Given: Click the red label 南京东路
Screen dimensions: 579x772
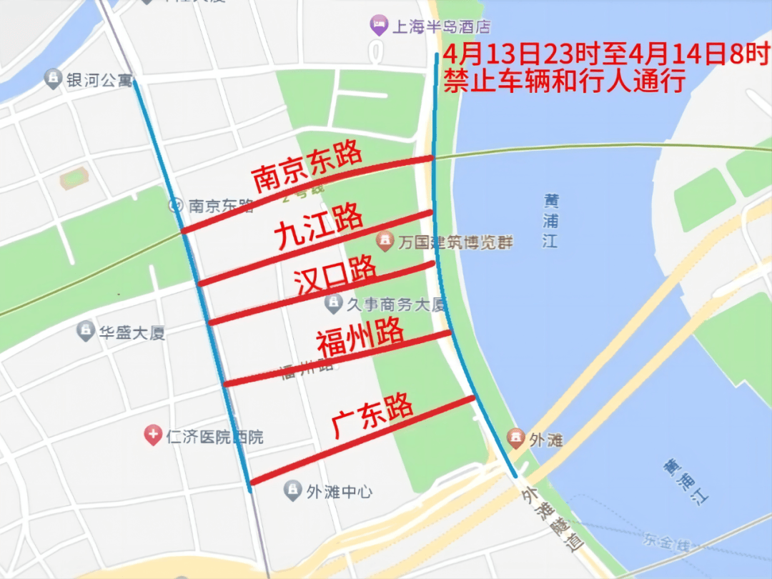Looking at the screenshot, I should (x=308, y=169).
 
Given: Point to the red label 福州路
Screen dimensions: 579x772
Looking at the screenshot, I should (x=361, y=337).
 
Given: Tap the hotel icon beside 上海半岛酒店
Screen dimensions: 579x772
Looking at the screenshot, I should (x=378, y=27).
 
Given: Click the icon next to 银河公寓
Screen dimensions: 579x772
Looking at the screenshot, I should (x=53, y=79).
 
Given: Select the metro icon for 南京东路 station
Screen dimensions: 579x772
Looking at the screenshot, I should (x=176, y=206).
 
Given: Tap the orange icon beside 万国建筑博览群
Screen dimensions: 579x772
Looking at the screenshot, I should (x=385, y=241).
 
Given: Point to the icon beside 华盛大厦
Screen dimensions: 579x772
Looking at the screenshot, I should (x=86, y=331).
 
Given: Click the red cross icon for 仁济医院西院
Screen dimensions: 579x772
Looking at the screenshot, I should (x=152, y=435).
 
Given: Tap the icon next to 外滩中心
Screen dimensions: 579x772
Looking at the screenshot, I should (x=292, y=491).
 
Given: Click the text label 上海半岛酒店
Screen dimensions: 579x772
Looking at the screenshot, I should (x=442, y=28).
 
